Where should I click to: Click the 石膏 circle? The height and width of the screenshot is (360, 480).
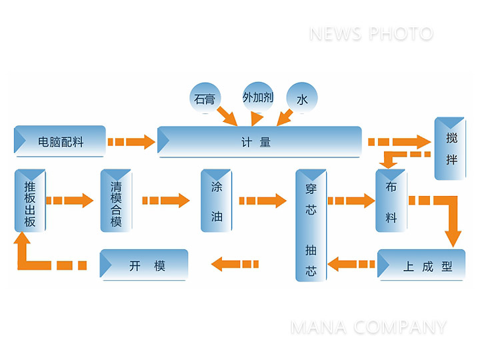(x=205, y=99)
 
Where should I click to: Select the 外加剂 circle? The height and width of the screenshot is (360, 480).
(x=257, y=97)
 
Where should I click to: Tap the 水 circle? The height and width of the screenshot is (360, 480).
(x=301, y=99)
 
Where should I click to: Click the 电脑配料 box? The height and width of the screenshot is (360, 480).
(x=60, y=141)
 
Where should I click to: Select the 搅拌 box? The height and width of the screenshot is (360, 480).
(x=450, y=149)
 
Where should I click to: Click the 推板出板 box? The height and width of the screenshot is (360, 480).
(x=30, y=201)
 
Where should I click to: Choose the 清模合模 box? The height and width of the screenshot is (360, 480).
(x=116, y=201)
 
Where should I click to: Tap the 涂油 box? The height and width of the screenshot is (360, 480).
(x=216, y=201)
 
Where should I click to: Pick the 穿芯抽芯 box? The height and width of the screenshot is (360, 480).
(x=311, y=225)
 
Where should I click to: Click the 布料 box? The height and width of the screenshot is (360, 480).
(x=391, y=201)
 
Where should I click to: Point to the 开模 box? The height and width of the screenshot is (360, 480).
(x=144, y=265)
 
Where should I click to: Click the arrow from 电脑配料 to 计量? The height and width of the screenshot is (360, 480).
(x=131, y=141)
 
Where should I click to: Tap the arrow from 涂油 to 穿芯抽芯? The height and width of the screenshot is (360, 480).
(x=262, y=200)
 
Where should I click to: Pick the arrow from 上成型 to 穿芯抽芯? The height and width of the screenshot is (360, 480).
(x=351, y=265)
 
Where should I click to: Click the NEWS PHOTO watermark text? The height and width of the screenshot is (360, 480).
(x=371, y=33)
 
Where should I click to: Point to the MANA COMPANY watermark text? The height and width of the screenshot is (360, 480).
(x=368, y=327)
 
